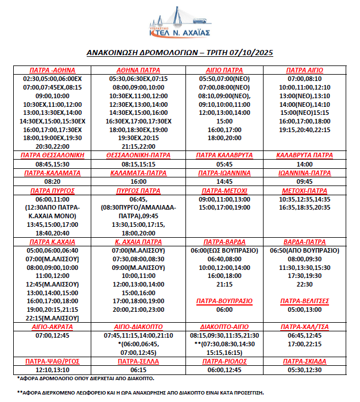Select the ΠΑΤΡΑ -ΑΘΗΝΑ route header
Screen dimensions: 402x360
52,70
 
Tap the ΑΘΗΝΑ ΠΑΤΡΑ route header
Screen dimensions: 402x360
134,70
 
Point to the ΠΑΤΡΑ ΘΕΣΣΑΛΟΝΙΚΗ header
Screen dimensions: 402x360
52,155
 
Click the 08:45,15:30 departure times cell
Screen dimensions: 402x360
52,164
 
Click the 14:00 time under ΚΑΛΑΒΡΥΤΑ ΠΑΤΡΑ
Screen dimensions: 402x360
304,164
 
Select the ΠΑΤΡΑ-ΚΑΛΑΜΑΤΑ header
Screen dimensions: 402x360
52,173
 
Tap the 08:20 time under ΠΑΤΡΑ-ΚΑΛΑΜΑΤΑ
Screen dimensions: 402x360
52,181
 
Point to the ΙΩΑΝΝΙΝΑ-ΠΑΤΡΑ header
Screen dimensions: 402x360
304,173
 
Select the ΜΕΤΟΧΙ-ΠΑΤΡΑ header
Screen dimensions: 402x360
304,190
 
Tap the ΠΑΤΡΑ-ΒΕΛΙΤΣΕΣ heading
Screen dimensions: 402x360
304,301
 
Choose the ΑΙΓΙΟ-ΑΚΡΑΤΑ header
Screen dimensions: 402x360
52,326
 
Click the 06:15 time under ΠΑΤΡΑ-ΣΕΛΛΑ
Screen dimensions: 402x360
134,370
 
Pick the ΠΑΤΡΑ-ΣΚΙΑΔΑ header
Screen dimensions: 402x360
304,361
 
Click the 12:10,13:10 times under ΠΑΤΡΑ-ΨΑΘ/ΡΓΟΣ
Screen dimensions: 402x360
52,370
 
